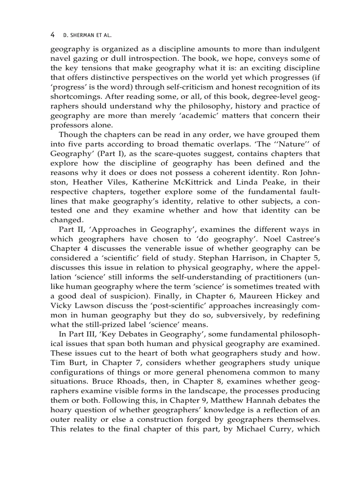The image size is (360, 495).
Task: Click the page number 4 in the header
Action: (52, 34)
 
